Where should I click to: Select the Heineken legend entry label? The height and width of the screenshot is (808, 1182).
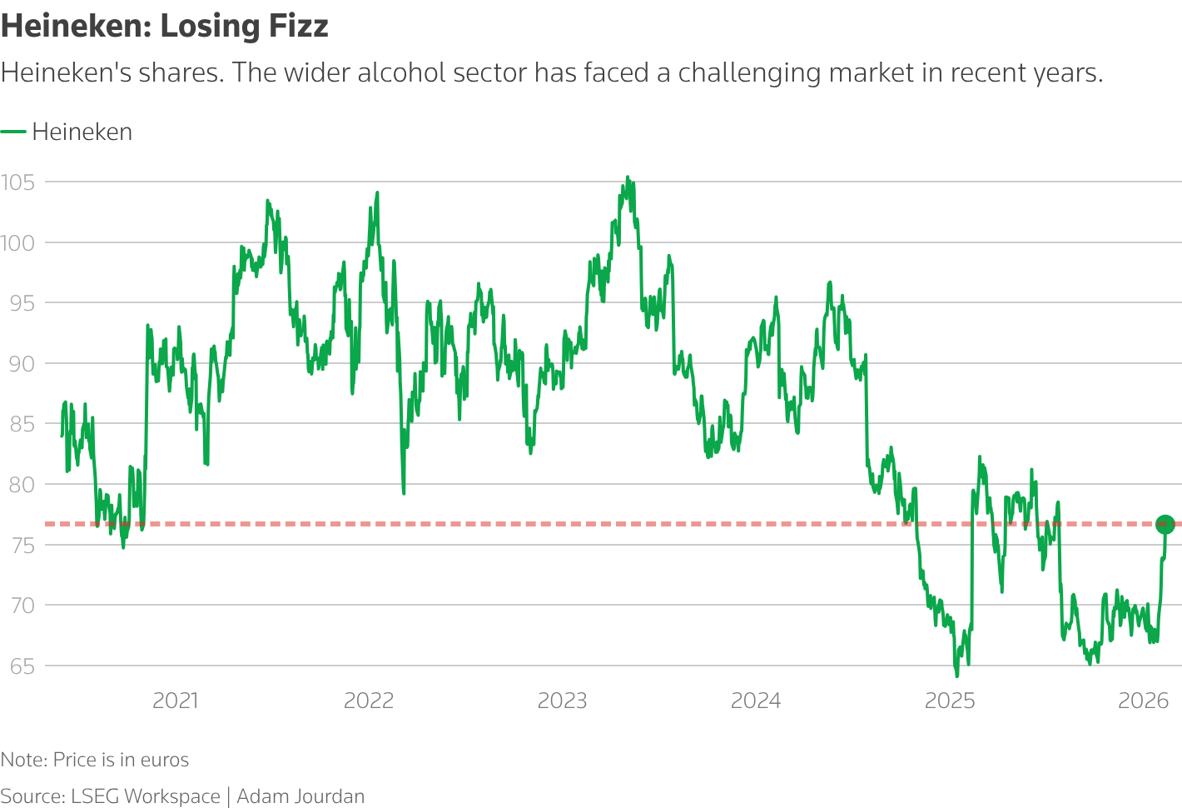pyautogui.click(x=82, y=132)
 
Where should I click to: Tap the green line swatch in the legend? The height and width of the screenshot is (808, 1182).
pyautogui.click(x=13, y=132)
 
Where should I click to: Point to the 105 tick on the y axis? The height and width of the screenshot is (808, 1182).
pyautogui.click(x=17, y=182)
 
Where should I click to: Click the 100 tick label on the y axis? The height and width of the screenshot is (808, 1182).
pyautogui.click(x=17, y=242)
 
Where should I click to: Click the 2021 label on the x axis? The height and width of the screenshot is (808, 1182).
pyautogui.click(x=176, y=701)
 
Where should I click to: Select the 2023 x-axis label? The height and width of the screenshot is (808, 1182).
pyautogui.click(x=562, y=701)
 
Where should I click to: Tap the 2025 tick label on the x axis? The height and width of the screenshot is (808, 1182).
pyautogui.click(x=950, y=701)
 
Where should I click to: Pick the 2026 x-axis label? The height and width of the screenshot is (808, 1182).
pyautogui.click(x=1144, y=701)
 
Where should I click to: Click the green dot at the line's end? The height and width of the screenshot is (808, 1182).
pyautogui.click(x=1165, y=524)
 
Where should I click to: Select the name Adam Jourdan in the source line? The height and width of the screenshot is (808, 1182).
pyautogui.click(x=300, y=796)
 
